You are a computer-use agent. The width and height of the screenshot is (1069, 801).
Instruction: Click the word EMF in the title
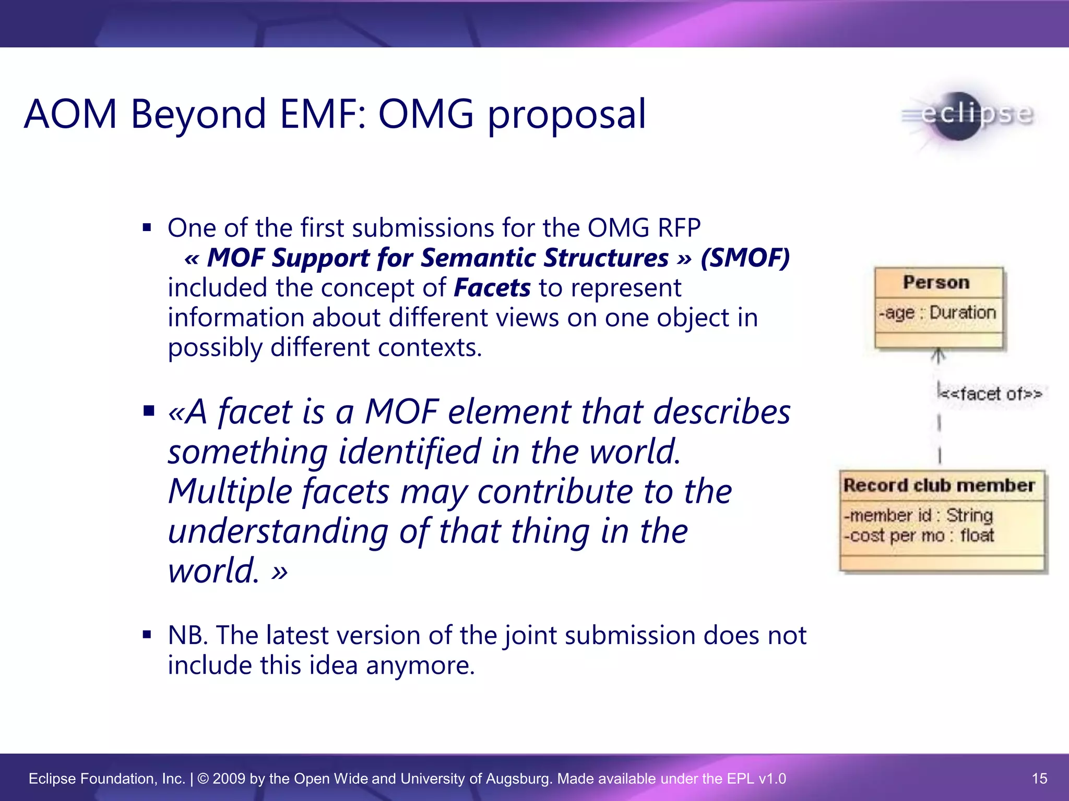point(322,114)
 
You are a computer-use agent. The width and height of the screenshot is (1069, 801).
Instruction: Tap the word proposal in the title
point(566,116)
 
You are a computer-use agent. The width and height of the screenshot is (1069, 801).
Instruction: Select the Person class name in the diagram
point(936,282)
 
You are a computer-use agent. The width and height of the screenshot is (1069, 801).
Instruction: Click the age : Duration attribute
point(937,313)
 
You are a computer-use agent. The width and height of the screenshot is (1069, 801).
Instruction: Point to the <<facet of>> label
point(990,394)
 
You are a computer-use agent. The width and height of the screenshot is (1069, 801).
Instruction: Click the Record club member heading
point(939,486)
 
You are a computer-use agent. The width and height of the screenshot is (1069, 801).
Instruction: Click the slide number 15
point(1039,779)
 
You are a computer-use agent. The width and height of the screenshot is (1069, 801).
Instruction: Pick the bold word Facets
point(492,288)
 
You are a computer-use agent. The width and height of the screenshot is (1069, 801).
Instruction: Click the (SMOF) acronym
point(745,258)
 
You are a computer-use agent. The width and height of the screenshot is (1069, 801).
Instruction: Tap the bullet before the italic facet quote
point(149,411)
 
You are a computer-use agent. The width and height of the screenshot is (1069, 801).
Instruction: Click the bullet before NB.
point(147,635)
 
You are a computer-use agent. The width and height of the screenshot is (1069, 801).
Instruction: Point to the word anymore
point(420,665)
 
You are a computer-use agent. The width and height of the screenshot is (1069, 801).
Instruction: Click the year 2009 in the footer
point(229,779)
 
